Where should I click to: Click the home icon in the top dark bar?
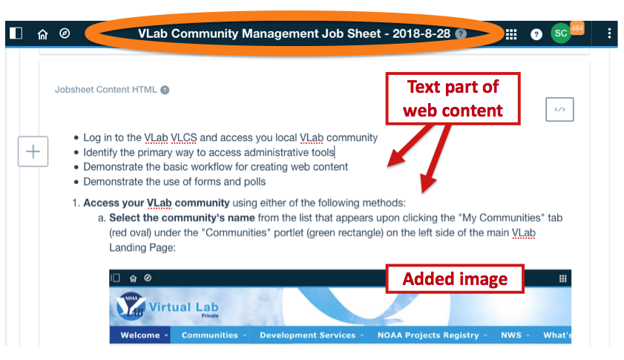[42, 34]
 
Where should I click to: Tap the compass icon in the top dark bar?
[65, 33]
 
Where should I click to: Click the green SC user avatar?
[560, 33]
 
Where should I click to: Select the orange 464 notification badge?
[577, 28]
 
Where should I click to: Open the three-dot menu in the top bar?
[609, 33]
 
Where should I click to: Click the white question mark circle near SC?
[536, 34]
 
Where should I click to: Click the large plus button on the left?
[33, 151]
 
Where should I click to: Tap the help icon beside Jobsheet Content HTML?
[165, 90]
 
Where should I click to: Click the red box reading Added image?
[455, 279]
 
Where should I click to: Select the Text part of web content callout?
[453, 99]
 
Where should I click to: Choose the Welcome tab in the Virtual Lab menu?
[140, 336]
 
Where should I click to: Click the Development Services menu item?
[308, 336]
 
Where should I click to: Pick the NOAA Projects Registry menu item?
[428, 336]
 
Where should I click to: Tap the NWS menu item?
[511, 336]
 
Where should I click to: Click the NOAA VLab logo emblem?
[131, 307]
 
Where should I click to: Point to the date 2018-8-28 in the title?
[421, 33]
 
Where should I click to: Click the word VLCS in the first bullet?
[183, 138]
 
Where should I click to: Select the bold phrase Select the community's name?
[182, 217]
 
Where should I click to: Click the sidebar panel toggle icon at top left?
[16, 33]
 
